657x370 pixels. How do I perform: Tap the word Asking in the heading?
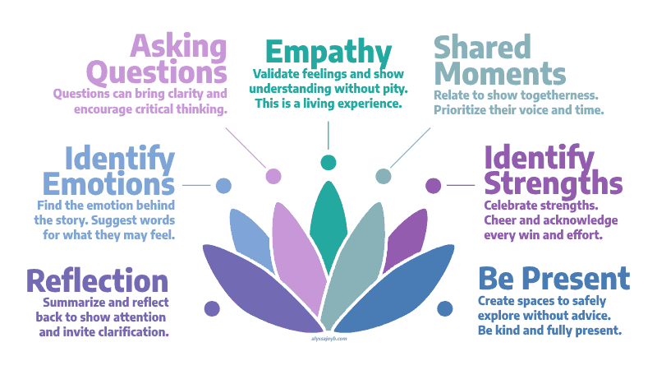click(x=181, y=45)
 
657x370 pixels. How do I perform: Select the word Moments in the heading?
click(x=500, y=74)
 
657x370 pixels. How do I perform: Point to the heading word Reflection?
click(x=97, y=280)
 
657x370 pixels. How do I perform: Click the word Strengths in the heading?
click(x=553, y=183)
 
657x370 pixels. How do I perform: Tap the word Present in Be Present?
click(x=578, y=279)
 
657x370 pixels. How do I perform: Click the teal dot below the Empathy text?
click(x=328, y=161)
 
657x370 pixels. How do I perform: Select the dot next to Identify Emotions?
click(x=223, y=185)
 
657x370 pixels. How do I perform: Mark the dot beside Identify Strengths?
click(x=433, y=185)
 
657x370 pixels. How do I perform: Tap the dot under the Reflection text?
click(x=212, y=309)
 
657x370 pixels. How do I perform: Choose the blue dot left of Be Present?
click(x=444, y=308)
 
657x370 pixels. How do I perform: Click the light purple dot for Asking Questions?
click(x=273, y=175)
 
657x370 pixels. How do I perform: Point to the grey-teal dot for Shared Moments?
click(x=384, y=175)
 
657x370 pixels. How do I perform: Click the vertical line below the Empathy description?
click(x=328, y=133)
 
